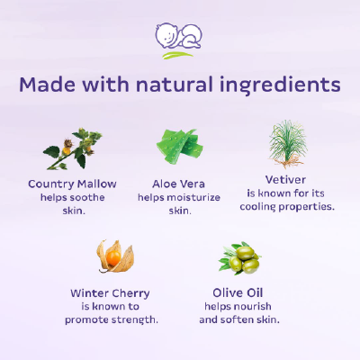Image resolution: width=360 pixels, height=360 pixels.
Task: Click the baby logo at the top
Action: click(179, 39)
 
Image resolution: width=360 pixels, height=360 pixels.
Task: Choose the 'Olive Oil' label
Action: click(240, 292)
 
